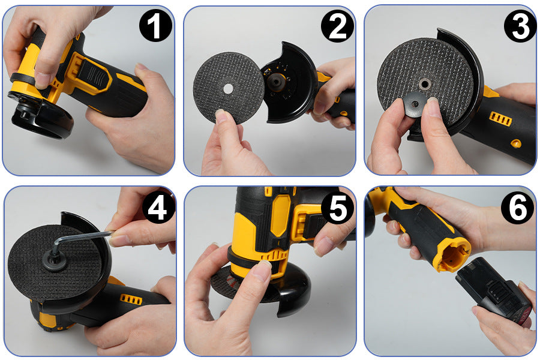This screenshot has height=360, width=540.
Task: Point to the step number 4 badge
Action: click(158, 208)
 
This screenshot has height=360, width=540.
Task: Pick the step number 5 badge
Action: click(338, 208)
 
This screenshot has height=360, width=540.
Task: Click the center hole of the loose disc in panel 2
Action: click(227, 88)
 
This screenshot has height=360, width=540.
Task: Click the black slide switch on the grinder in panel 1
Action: click(90, 75)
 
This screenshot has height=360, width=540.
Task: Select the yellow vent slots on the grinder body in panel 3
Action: click(500, 119)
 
